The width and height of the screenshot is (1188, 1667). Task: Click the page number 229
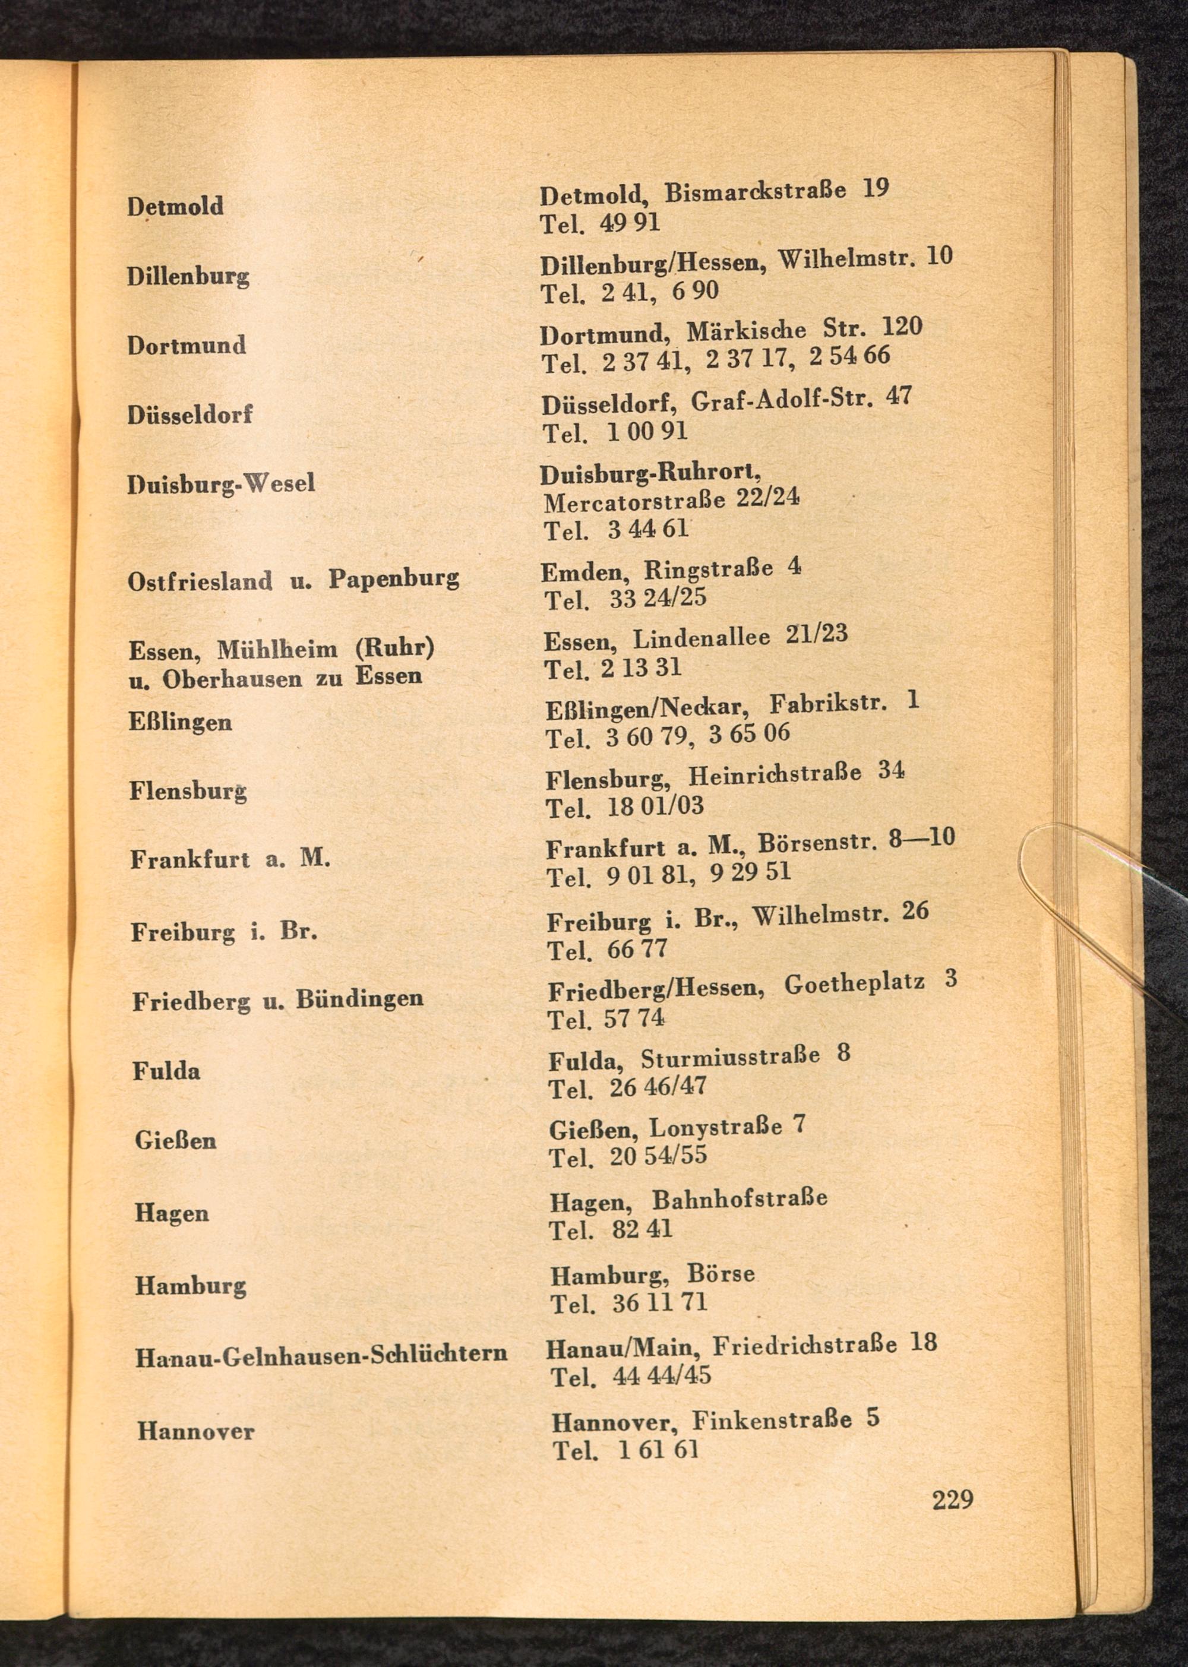[952, 1500]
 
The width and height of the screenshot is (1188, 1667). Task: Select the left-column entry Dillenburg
[188, 277]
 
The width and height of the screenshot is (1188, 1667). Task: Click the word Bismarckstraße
[755, 193]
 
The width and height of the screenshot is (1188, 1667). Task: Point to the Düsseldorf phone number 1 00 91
[647, 432]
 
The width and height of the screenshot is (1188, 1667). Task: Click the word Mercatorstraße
[634, 502]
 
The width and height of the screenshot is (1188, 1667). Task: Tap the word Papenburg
[394, 579]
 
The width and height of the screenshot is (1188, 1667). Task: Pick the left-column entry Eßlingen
[181, 723]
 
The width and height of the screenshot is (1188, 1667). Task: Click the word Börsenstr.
[816, 843]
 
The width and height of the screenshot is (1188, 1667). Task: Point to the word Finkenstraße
[772, 1421]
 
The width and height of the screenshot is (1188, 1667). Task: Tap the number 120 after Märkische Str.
[901, 326]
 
